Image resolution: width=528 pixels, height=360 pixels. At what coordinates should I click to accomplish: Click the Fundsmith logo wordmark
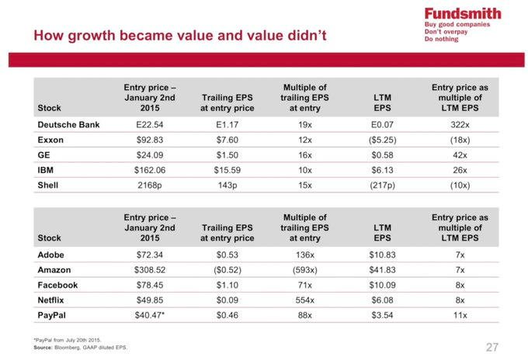click(462, 13)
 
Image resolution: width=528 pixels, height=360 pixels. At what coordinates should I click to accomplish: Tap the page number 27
click(492, 346)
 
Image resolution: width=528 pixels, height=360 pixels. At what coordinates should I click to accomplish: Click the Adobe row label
click(52, 254)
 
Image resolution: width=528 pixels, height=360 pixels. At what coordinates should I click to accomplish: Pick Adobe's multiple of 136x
click(304, 254)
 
